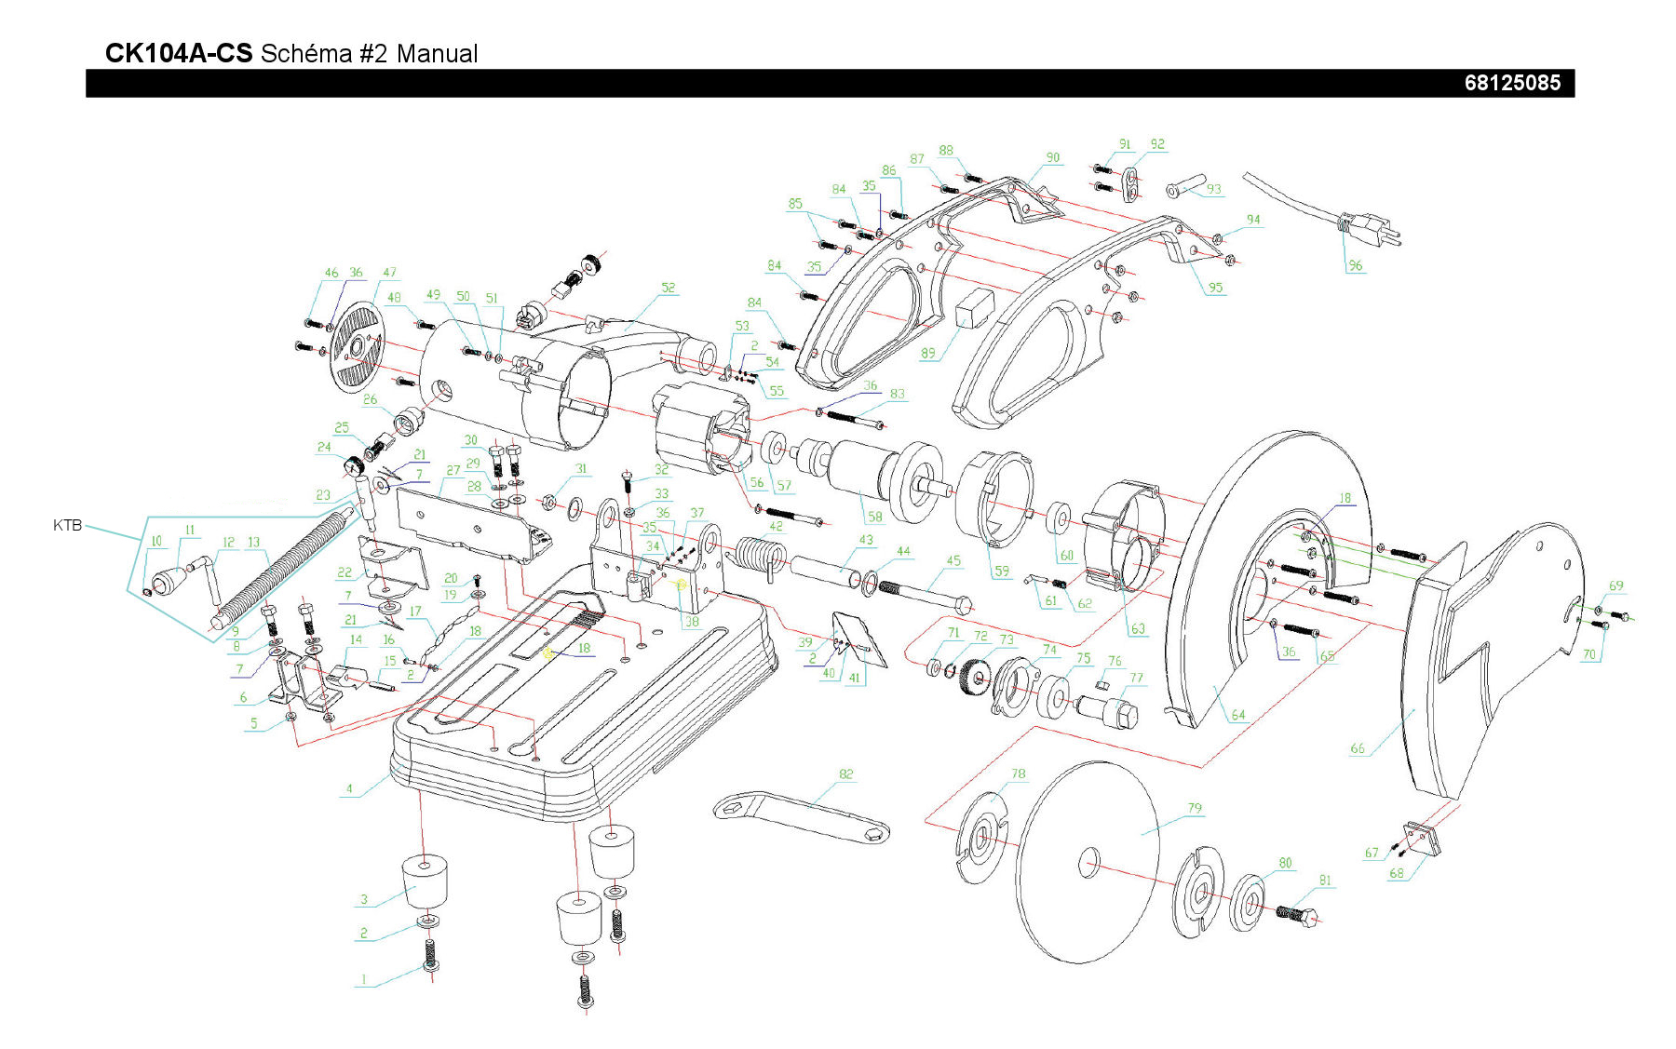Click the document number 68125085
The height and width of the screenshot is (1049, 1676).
pyautogui.click(x=1511, y=83)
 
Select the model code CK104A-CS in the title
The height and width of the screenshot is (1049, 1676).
pyautogui.click(x=178, y=53)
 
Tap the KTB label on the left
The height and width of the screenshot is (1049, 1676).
pyautogui.click(x=67, y=526)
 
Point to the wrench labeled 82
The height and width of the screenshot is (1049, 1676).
pyautogui.click(x=800, y=816)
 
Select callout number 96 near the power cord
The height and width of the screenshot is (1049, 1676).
pyautogui.click(x=1355, y=265)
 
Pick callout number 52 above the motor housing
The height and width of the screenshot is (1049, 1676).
pyautogui.click(x=668, y=288)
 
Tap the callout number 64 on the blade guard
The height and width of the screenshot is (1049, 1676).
pyautogui.click(x=1237, y=715)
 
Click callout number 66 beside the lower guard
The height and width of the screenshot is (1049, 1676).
pyautogui.click(x=1357, y=748)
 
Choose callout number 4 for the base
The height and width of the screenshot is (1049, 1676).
pyautogui.click(x=350, y=789)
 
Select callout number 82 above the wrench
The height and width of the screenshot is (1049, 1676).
pyautogui.click(x=845, y=773)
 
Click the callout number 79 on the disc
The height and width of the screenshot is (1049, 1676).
pyautogui.click(x=1195, y=808)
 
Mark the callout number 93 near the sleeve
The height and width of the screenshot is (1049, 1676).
pyautogui.click(x=1213, y=189)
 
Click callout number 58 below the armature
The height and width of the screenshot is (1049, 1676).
pyautogui.click(x=874, y=517)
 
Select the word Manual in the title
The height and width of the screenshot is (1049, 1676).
pyautogui.click(x=437, y=53)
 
